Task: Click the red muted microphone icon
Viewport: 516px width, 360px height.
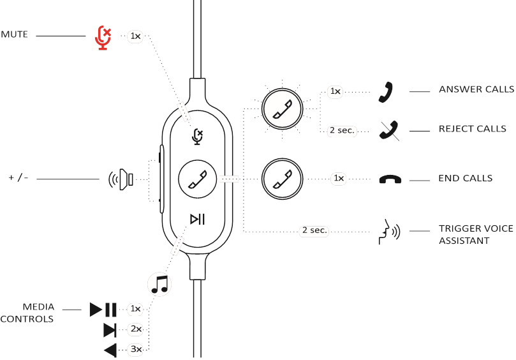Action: pyautogui.click(x=102, y=37)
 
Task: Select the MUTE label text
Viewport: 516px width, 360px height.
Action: pyautogui.click(x=14, y=34)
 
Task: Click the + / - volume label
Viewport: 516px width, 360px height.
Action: pyautogui.click(x=18, y=177)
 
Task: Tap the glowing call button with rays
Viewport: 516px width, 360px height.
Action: pyautogui.click(x=281, y=109)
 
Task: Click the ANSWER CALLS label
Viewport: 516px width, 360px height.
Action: pyautogui.click(x=476, y=89)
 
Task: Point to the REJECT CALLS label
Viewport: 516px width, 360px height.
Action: pyautogui.click(x=473, y=128)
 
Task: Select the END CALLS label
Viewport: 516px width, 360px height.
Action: pyautogui.click(x=466, y=178)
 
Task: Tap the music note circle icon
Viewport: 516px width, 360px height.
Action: pyautogui.click(x=159, y=283)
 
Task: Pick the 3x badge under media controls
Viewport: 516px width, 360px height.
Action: pyautogui.click(x=135, y=349)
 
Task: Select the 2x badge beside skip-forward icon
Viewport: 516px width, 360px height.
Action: pyautogui.click(x=135, y=329)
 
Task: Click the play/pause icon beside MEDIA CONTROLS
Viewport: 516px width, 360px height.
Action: pyautogui.click(x=103, y=310)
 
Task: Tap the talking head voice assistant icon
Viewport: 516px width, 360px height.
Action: pyautogui.click(x=389, y=231)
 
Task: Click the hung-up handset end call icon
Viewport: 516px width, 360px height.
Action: pyautogui.click(x=390, y=179)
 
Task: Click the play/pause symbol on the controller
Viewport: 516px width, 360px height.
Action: pyautogui.click(x=198, y=220)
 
